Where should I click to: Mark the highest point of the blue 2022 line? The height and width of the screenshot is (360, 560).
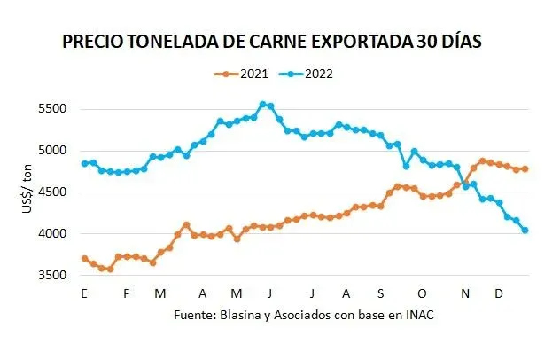262,105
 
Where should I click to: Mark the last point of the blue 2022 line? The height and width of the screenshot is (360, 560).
525,231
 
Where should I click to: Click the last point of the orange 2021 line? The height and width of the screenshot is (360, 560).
525,168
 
